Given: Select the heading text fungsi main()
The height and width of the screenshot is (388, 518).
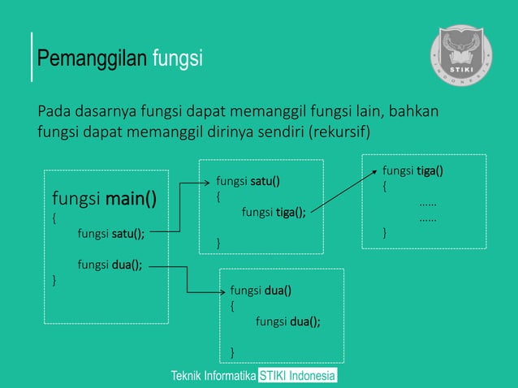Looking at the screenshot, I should point(105,198).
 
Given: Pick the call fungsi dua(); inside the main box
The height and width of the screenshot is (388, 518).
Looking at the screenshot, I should point(110,264).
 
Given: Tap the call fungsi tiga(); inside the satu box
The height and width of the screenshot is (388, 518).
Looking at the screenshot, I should point(274,213).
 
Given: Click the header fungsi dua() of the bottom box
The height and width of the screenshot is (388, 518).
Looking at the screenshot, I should point(261,290).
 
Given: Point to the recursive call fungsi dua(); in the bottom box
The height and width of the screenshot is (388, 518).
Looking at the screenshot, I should point(287,321).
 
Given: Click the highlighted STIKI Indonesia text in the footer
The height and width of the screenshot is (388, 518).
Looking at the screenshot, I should point(297,377).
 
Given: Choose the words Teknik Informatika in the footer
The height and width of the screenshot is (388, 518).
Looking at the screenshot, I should point(213,377).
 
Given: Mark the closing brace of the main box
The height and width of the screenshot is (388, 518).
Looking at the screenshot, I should point(54,280).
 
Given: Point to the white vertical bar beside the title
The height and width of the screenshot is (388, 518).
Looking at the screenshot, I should point(32,58).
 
